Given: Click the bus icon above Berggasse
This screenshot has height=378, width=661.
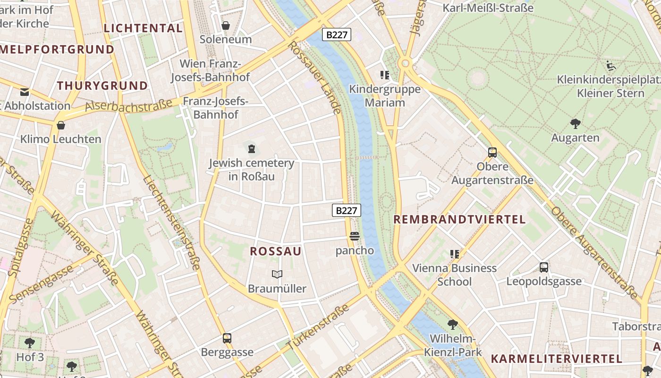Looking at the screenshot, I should click(227, 338).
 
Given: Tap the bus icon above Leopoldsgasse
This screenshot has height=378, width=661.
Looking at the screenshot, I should click(544, 267).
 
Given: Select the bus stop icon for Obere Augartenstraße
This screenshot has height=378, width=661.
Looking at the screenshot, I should click(492, 153).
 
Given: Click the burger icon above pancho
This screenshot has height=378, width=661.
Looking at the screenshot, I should click(355, 236).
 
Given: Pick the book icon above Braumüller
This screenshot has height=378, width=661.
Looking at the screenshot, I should click(277, 274).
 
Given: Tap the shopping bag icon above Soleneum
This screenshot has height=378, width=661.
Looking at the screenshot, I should click(226, 26).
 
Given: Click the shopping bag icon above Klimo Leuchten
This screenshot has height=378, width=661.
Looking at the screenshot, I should click(61, 125).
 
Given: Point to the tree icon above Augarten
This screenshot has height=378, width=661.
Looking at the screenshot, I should click(575, 124).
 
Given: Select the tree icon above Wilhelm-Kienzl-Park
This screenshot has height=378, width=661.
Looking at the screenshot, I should click(453, 324).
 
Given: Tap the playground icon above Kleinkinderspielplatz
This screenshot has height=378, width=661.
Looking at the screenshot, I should click(611, 66).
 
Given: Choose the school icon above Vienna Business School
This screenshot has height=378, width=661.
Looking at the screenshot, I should click(454, 254).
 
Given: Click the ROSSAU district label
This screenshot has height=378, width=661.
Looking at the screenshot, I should click(275, 251).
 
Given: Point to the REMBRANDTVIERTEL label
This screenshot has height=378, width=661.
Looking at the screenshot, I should click(459, 219).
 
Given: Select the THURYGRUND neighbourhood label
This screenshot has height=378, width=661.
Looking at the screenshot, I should click(102, 86).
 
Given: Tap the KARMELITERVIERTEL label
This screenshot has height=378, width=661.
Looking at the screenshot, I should click(557, 358).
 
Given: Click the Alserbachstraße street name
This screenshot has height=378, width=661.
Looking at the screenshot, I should click(128, 105).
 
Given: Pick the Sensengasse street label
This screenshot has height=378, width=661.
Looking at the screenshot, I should click(41, 284).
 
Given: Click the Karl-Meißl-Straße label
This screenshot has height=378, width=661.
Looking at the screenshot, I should click(488, 8).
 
